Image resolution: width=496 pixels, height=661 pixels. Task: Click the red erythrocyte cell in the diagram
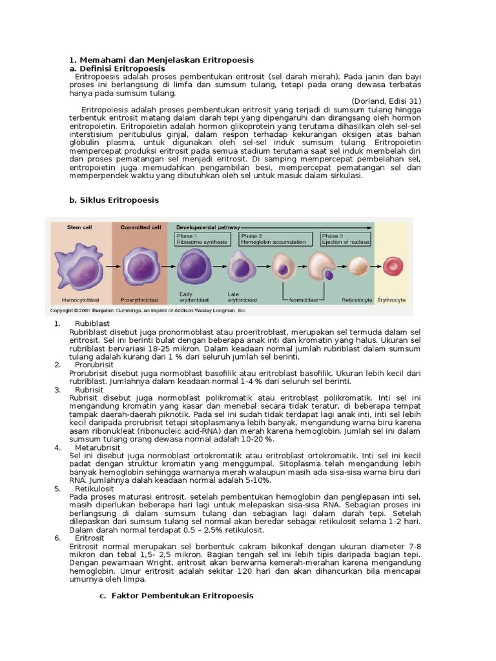point(392,266)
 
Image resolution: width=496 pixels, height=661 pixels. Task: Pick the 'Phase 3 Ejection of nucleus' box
point(346,239)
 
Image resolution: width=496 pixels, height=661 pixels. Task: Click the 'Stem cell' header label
point(79,227)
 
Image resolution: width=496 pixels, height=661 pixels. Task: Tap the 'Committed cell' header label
point(141,227)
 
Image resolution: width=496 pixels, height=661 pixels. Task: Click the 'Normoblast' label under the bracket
point(302,300)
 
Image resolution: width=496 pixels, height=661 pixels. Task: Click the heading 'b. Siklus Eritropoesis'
point(114,200)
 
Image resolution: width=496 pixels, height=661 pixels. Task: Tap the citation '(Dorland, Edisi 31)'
point(386,101)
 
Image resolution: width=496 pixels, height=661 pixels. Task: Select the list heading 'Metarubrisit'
point(98,447)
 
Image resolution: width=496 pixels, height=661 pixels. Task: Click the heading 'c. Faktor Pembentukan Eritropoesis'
point(176,596)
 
